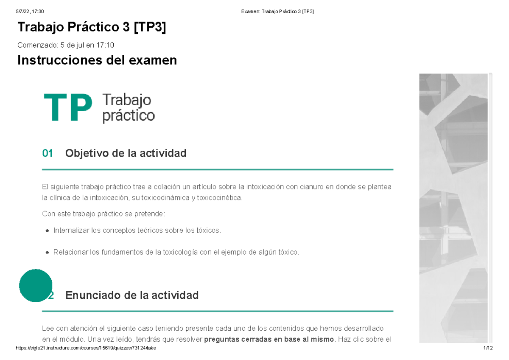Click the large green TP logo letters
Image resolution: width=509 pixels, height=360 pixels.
(68, 108)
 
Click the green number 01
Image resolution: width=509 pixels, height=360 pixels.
(48, 153)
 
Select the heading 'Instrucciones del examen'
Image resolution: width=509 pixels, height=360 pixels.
(97, 61)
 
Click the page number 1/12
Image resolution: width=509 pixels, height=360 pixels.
(488, 348)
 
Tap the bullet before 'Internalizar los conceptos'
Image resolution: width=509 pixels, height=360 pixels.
(47, 231)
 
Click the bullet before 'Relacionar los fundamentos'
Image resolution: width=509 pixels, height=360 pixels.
(47, 253)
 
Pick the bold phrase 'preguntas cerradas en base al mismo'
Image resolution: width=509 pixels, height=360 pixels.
(268, 339)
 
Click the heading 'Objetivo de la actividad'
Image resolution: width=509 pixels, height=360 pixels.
(126, 153)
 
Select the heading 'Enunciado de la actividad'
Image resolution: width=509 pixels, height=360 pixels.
(132, 295)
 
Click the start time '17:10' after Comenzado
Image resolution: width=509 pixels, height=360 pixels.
(106, 45)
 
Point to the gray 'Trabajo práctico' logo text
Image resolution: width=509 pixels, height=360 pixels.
(128, 108)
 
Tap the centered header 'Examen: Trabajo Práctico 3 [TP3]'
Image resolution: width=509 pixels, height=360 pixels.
(277, 11)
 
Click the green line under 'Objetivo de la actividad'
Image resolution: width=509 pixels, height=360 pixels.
(218, 169)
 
